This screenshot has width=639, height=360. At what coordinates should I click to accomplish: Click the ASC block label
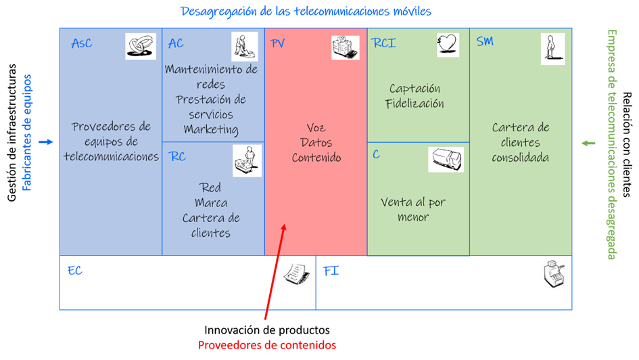coord(81,44)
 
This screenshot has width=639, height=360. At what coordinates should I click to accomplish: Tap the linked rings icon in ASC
coord(140,46)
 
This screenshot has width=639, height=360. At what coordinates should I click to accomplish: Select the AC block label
coord(176,44)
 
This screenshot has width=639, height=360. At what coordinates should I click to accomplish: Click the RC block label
coord(178,157)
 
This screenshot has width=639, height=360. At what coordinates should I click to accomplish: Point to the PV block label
coord(278,44)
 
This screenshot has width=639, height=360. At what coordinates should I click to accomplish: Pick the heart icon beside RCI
coord(448,45)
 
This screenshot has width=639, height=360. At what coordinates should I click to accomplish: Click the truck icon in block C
coord(446,160)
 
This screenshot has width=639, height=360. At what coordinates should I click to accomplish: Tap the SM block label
coord(485,42)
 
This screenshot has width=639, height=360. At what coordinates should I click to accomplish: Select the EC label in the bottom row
coord(74,271)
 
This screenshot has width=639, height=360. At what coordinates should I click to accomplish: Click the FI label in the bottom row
coord(331,271)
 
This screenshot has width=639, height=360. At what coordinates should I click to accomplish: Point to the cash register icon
coord(552,274)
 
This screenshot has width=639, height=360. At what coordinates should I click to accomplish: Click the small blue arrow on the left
coord(46,141)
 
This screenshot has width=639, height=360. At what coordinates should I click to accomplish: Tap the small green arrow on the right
coord(589,143)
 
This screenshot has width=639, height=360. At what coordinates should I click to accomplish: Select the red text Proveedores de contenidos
coord(266,345)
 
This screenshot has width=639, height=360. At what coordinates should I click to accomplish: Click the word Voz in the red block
coord(316,128)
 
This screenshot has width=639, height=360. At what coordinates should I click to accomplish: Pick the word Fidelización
coord(415,104)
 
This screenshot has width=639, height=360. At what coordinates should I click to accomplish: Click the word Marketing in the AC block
coord(211,129)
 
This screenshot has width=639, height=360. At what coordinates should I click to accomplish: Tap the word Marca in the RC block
coord(211,202)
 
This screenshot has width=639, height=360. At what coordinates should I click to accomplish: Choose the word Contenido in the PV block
coord(316,158)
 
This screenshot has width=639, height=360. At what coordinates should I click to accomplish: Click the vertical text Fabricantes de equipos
coord(28,133)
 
